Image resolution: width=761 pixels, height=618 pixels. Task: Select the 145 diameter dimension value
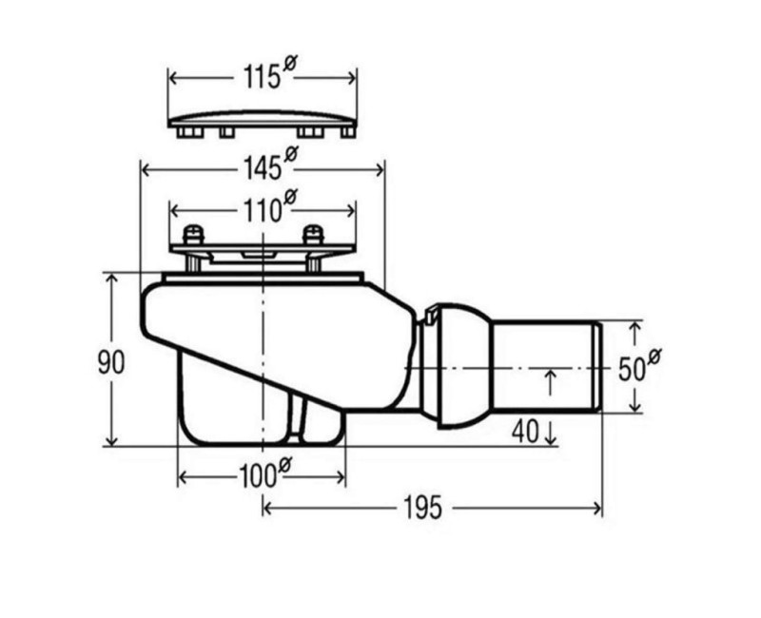(x=261, y=169)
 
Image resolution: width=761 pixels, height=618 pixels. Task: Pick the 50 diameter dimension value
(x=632, y=368)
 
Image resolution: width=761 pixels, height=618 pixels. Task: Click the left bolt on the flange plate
(x=193, y=234)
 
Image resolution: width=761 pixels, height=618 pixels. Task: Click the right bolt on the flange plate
(x=312, y=234)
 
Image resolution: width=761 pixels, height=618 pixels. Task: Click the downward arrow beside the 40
(x=551, y=435)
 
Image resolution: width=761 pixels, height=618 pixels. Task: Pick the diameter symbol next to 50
(x=654, y=356)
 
